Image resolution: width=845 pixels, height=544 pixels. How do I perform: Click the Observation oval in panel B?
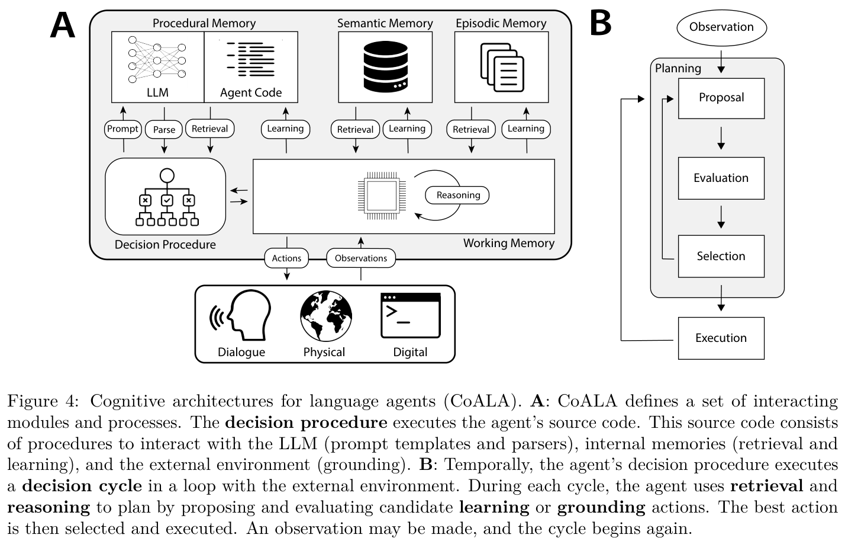point(721,28)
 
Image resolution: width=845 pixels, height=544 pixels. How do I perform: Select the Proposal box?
point(721,98)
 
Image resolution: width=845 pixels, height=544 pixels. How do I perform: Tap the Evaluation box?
point(721,178)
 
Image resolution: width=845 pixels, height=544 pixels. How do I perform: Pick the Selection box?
point(721,256)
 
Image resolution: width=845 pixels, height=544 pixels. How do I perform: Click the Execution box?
point(721,338)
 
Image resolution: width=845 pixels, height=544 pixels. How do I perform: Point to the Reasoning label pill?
point(457,196)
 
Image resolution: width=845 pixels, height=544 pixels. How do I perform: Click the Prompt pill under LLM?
point(122,129)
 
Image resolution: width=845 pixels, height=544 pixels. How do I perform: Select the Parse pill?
point(164,130)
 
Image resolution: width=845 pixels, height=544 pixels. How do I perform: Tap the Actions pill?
point(286,258)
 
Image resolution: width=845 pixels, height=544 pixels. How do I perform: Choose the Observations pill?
point(361,258)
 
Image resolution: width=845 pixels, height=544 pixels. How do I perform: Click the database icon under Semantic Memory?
point(385,67)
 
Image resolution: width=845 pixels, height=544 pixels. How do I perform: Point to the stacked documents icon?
point(502,68)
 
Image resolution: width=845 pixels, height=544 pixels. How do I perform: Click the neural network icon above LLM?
point(157,60)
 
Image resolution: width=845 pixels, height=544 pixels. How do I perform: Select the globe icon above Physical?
point(326,316)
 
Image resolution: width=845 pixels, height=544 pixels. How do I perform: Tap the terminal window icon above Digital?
point(411,315)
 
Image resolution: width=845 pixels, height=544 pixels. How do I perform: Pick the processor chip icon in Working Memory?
point(382,196)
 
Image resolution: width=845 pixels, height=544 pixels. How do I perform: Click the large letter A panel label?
point(63,25)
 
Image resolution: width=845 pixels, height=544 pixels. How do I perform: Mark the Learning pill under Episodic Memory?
point(526,129)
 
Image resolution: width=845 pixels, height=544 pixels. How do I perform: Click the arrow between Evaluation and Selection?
point(721,217)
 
